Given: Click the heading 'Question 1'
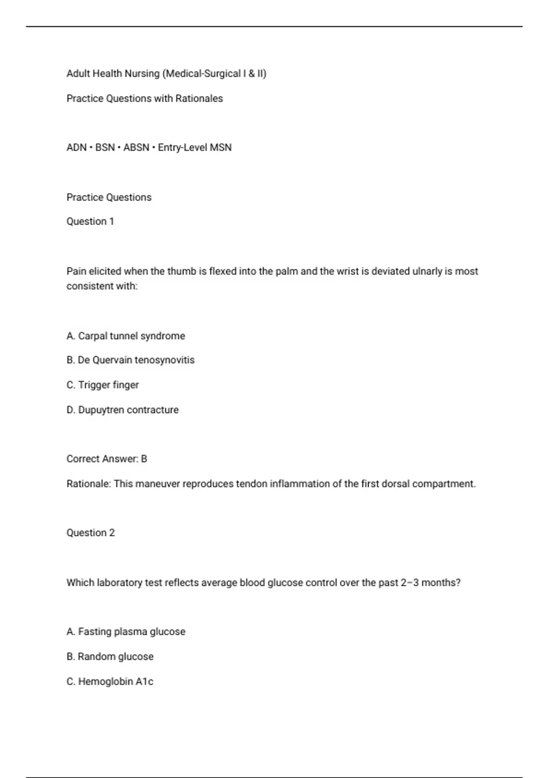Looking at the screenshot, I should pyautogui.click(x=90, y=222).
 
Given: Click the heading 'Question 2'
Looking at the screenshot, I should pyautogui.click(x=91, y=533).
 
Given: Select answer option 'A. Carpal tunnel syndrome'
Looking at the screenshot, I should pyautogui.click(x=126, y=336).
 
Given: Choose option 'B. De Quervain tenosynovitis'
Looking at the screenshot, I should pyautogui.click(x=130, y=360).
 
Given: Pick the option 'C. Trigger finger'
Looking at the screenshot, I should pyautogui.click(x=102, y=385).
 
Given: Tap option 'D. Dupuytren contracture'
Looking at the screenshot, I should pyautogui.click(x=123, y=410).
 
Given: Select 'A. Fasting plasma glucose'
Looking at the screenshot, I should pyautogui.click(x=126, y=632).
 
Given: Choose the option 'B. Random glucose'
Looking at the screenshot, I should pyautogui.click(x=110, y=656).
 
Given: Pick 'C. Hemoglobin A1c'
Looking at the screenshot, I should pyautogui.click(x=110, y=681).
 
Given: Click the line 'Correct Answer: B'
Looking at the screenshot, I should pyautogui.click(x=107, y=459).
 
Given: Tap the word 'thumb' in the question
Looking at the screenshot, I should pyautogui.click(x=182, y=271).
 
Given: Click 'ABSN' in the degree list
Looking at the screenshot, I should pyautogui.click(x=136, y=147).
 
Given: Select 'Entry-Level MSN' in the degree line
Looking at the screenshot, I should pyautogui.click(x=195, y=147).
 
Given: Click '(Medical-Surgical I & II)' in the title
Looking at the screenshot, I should pyautogui.click(x=214, y=74).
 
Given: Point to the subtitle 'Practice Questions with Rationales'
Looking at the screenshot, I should pyautogui.click(x=145, y=98).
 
